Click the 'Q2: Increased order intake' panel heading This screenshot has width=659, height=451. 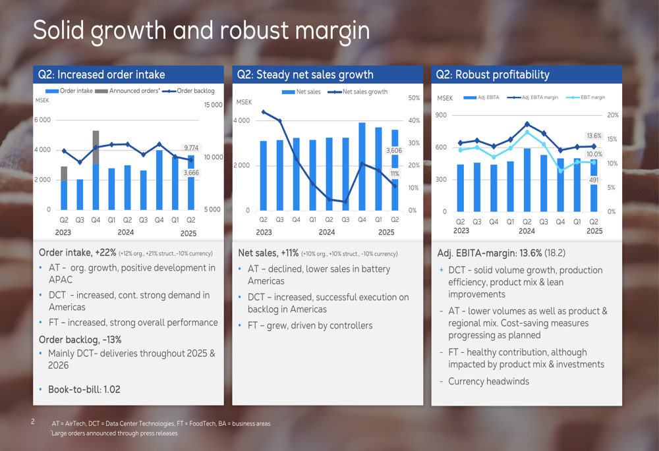pyautogui.click(x=101, y=74)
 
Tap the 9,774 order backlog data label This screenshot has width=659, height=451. pyautogui.click(x=191, y=147)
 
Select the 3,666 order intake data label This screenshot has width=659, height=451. pyautogui.click(x=190, y=172)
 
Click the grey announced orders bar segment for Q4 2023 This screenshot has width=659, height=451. pyautogui.click(x=96, y=147)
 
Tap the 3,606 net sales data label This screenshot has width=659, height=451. pyautogui.click(x=393, y=151)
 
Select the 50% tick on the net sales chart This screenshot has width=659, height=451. pyautogui.click(x=414, y=98)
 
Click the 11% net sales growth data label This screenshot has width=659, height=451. pyautogui.click(x=395, y=174)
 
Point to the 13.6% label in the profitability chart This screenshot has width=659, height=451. pyautogui.click(x=594, y=136)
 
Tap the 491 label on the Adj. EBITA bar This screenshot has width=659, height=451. pyautogui.click(x=594, y=180)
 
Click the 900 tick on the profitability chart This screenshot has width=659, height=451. pyautogui.click(x=442, y=115)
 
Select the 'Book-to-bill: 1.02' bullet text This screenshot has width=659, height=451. pyautogui.click(x=84, y=389)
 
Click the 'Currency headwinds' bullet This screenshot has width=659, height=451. pyautogui.click(x=488, y=381)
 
